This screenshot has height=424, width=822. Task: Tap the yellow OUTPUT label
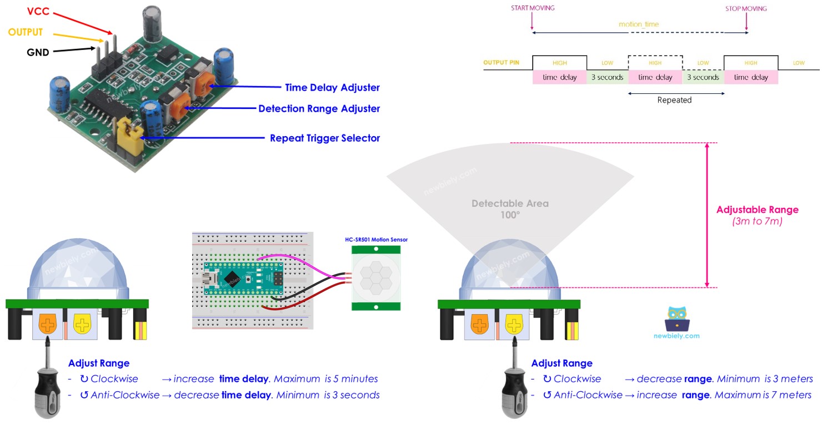(x=25, y=32)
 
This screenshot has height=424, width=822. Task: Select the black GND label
(x=38, y=53)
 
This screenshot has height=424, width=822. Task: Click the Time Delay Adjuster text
(x=332, y=87)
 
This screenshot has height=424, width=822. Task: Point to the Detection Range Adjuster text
(x=319, y=108)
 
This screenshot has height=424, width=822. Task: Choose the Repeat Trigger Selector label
(x=324, y=138)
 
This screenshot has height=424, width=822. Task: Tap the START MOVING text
(x=532, y=8)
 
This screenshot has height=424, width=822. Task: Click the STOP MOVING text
(x=745, y=8)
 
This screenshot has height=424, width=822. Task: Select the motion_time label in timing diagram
(x=639, y=24)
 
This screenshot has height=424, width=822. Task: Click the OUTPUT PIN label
(x=501, y=63)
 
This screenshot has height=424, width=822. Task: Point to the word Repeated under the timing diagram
(x=674, y=100)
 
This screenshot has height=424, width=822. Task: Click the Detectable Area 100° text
(x=510, y=208)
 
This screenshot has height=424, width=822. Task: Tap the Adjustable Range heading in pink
(x=757, y=209)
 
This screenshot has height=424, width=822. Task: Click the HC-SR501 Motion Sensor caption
(x=375, y=240)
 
